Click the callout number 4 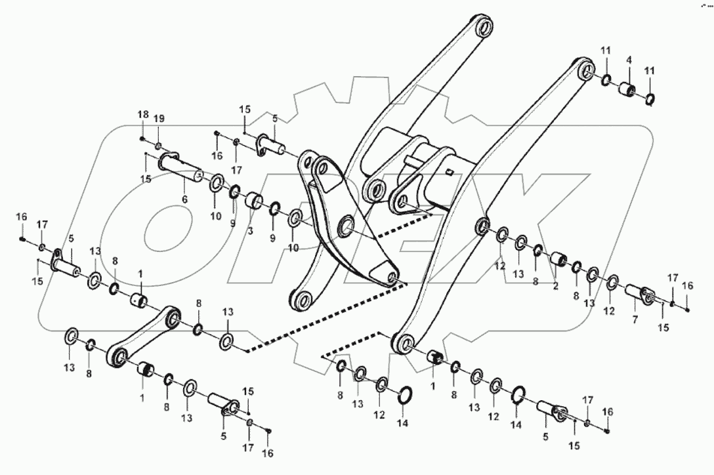coord(628,60)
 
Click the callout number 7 coord(634,320)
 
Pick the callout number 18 coord(142,115)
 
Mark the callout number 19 coord(159,119)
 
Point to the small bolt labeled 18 coord(142,138)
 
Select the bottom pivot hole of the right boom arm coord(401,343)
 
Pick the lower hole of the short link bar coord(119,358)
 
